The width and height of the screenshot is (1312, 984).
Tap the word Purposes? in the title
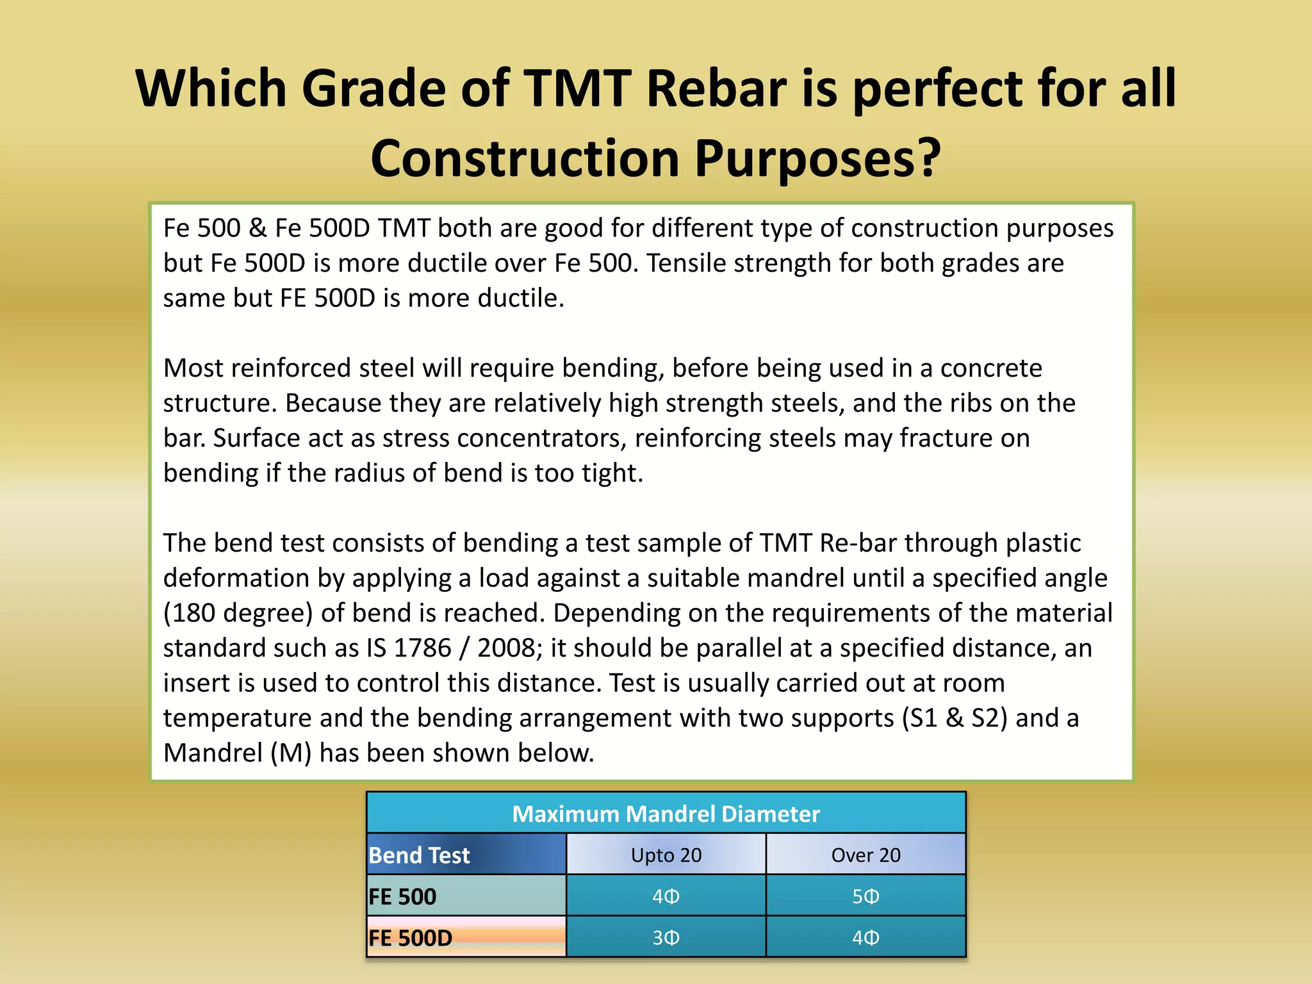click(818, 159)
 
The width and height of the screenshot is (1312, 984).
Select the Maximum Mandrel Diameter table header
click(666, 814)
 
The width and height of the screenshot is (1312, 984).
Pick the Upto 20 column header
click(666, 855)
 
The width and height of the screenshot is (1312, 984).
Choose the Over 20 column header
click(865, 855)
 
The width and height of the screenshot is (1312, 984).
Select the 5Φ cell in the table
click(865, 896)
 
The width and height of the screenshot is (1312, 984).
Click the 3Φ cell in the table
click(666, 938)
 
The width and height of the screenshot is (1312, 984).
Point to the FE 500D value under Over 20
click(865, 938)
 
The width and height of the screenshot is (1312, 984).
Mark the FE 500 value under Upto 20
click(666, 896)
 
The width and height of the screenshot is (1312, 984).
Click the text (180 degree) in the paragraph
click(238, 613)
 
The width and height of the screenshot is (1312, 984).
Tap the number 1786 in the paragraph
click(422, 648)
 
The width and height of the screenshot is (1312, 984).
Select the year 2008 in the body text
click(505, 648)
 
